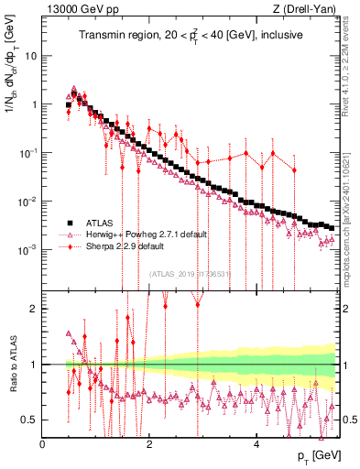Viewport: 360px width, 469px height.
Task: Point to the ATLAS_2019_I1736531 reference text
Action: pos(191,272)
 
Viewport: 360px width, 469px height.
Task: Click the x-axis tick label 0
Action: pos(43,445)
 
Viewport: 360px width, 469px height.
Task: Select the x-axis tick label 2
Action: pos(149,445)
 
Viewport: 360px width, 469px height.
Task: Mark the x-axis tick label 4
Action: pos(256,445)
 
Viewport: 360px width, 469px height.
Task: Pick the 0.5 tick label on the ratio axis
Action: pos(31,420)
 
